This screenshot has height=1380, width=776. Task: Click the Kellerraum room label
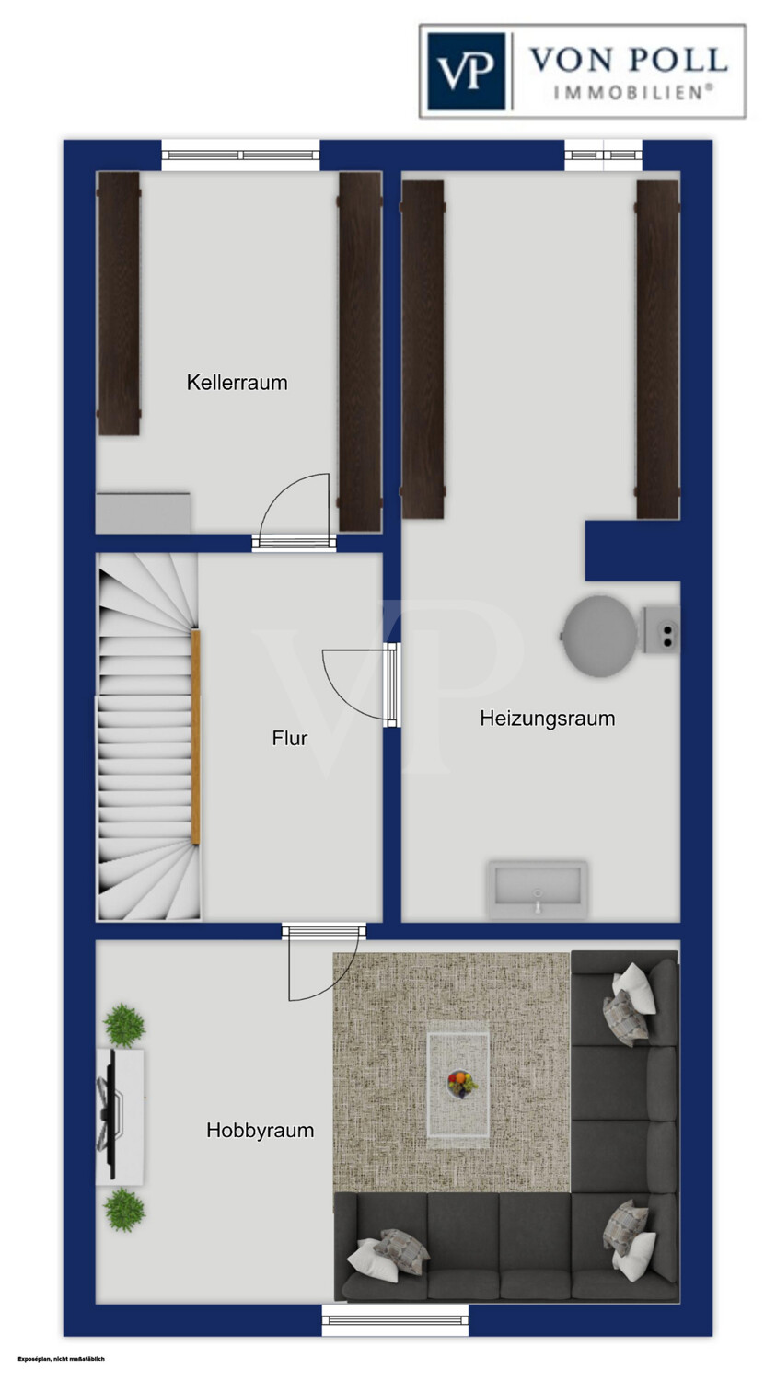click(237, 383)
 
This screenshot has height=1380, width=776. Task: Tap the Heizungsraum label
click(548, 719)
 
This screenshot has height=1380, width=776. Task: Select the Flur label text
click(290, 738)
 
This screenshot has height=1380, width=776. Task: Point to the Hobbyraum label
click(261, 1130)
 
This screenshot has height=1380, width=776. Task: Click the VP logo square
click(466, 72)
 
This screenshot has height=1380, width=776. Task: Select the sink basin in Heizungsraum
click(538, 891)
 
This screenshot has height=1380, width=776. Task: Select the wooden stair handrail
click(196, 737)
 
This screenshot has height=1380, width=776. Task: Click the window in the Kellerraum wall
click(240, 155)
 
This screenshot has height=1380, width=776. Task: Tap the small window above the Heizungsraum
click(604, 155)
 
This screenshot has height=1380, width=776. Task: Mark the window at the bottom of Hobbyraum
click(395, 1319)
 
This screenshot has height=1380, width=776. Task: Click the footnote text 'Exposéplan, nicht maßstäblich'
click(62, 1359)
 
